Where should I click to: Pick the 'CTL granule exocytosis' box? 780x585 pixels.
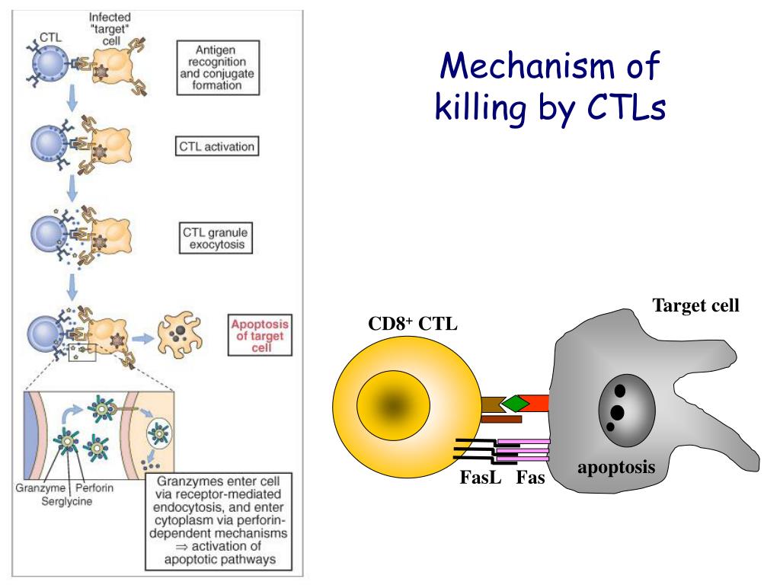(x=216, y=238)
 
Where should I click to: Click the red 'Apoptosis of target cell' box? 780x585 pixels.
(x=261, y=336)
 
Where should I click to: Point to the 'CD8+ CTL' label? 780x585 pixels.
(x=413, y=324)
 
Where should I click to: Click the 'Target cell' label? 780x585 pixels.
(x=695, y=306)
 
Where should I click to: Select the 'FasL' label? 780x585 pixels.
(x=479, y=478)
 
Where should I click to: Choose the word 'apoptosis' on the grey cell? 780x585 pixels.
(x=615, y=467)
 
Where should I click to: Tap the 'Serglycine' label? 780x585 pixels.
(x=66, y=501)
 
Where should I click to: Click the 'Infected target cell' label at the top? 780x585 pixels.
(x=110, y=28)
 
